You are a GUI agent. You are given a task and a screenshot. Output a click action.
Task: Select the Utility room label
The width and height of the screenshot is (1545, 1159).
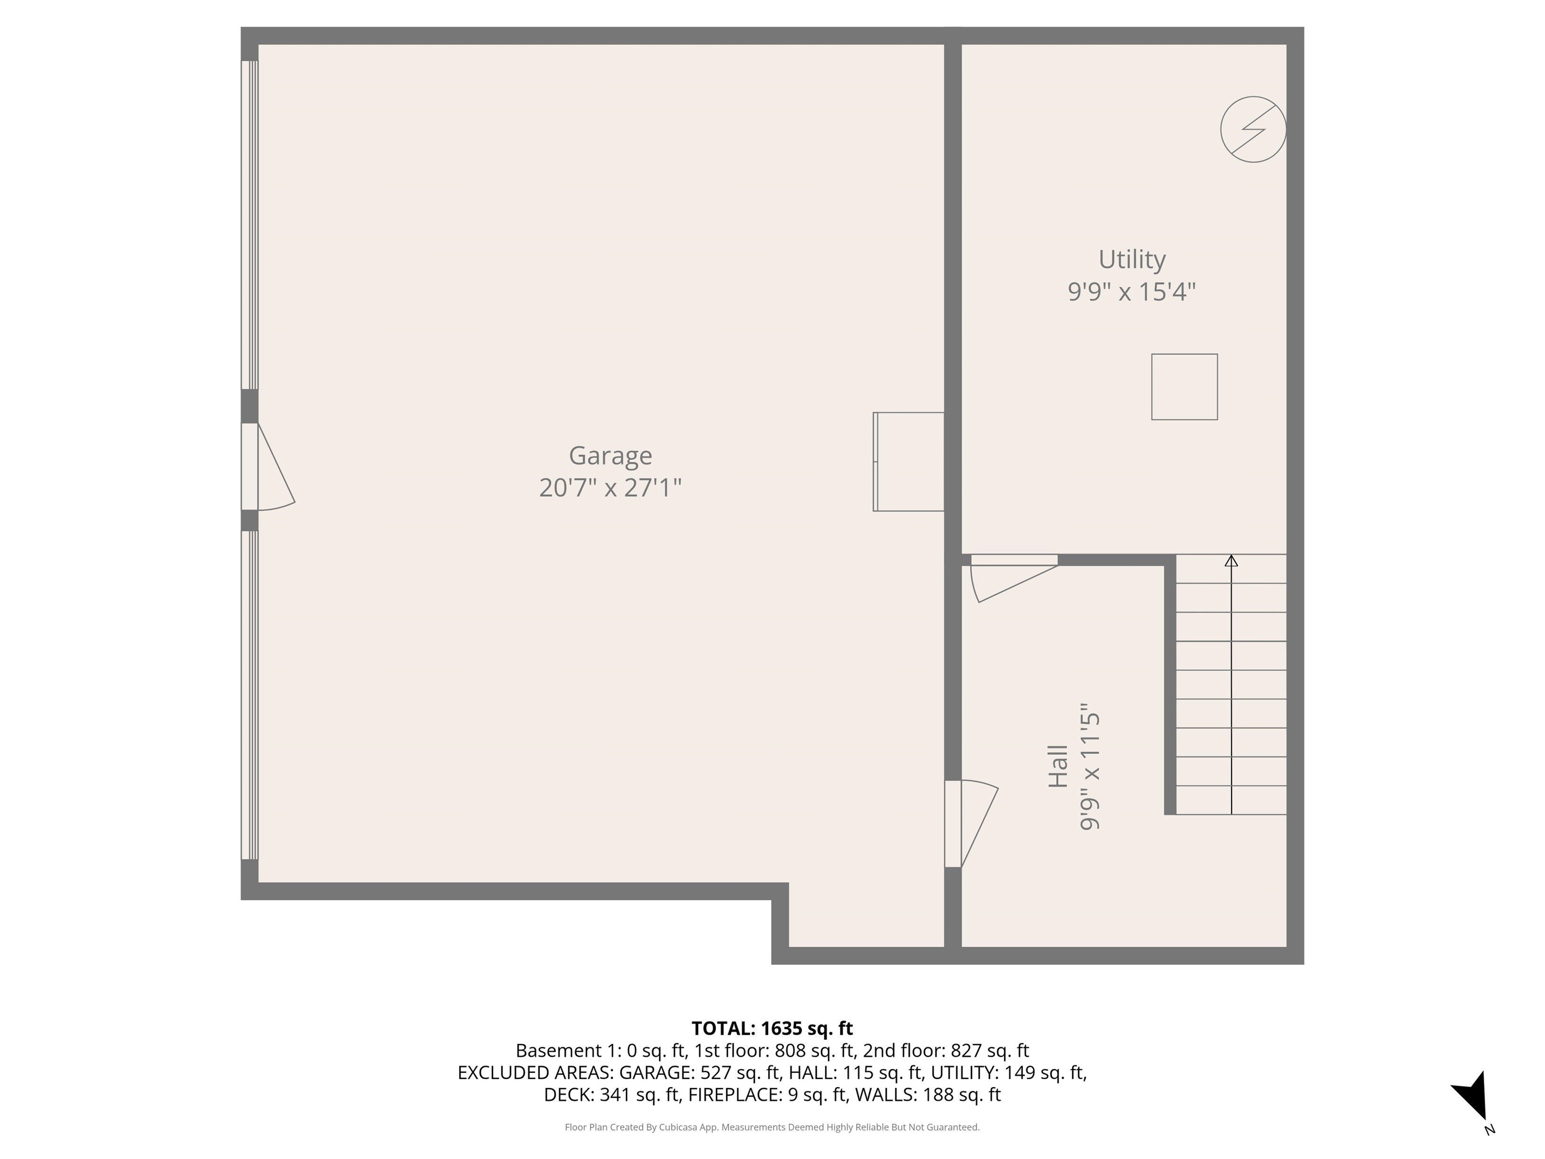(x=1132, y=259)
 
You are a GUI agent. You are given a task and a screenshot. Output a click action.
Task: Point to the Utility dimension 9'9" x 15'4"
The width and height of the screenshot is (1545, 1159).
(x=1132, y=291)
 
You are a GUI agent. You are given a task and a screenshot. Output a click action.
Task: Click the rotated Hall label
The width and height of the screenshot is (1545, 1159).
(x=1058, y=767)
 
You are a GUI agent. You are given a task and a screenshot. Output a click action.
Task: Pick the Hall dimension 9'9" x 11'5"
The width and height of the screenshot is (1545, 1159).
(x=1090, y=767)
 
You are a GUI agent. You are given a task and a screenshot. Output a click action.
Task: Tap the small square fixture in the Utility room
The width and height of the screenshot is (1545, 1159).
(x=1184, y=386)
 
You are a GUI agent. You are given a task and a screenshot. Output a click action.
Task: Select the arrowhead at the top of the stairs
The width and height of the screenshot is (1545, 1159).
(x=1231, y=560)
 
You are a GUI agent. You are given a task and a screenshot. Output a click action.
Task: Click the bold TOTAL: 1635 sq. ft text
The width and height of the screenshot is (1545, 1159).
(x=772, y=1028)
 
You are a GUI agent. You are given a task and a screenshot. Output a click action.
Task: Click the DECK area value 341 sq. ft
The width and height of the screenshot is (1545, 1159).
(x=639, y=1094)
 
